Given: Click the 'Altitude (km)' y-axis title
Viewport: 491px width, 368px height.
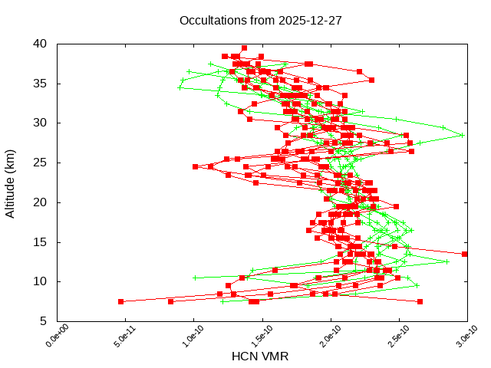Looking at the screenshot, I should click(11, 182).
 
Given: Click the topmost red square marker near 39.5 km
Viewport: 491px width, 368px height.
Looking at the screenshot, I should click(244, 48).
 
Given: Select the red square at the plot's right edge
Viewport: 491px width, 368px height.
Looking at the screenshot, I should click(465, 254).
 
